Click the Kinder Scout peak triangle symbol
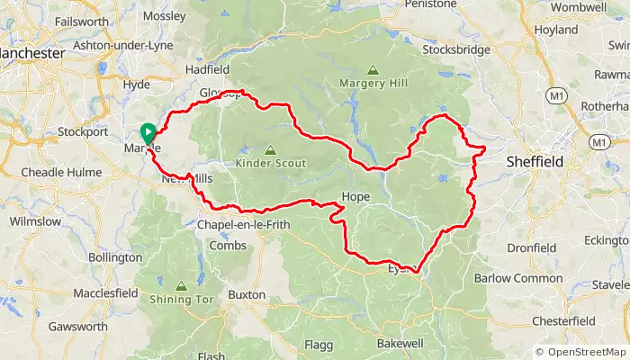coord(270,150)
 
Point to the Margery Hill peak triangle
coord(373,70)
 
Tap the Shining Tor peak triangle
coord(181,286)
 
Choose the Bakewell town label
coord(400,344)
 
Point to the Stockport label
coord(83,131)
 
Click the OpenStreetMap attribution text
coord(580,352)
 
